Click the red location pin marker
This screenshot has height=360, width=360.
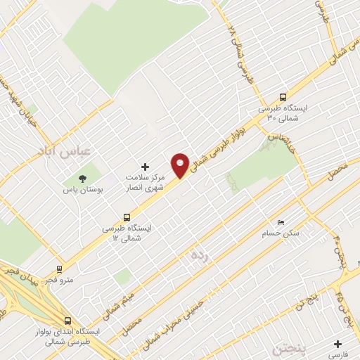coord(181,165)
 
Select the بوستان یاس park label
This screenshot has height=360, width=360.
coord(82,190)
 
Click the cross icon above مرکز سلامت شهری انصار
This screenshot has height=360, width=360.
coord(146,167)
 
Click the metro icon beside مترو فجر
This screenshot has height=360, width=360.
coord(58,268)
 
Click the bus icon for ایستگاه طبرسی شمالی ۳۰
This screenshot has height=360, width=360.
coord(283,97)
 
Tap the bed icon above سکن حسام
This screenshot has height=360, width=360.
coord(282,222)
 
